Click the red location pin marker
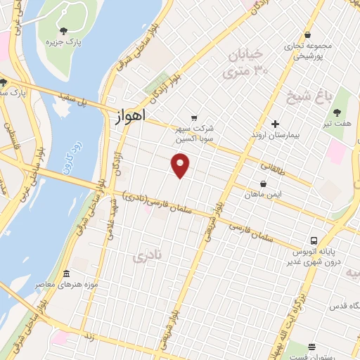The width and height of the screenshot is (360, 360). pos(181,166)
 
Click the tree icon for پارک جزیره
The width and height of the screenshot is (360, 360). pos(64,31)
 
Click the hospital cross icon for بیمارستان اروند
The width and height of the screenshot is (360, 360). pos(284,124)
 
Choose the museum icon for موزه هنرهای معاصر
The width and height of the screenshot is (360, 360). pos(66,274)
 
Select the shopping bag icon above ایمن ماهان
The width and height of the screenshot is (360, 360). pos(263,184)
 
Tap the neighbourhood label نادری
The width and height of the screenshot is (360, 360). pos(147,257)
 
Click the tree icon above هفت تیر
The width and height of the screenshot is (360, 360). pos(337,112)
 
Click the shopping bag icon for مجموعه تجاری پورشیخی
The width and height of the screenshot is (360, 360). pos(308,34)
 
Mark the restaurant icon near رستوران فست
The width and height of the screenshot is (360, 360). pos(311,346)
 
